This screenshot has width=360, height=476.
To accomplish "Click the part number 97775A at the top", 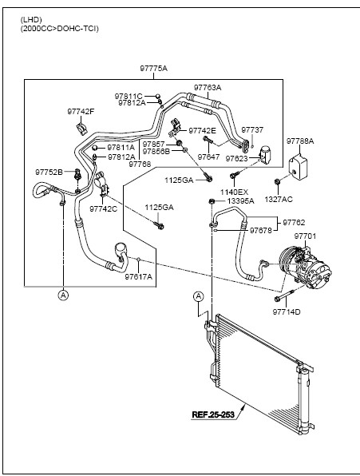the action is (x=153, y=69).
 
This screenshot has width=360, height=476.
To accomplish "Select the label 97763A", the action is (x=208, y=88).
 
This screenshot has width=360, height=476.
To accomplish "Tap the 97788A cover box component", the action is (x=298, y=166).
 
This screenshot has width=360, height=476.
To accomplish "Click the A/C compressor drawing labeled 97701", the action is (x=305, y=267).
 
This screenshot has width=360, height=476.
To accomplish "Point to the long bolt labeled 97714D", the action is (x=285, y=296).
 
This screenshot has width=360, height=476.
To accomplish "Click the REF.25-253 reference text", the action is (x=213, y=415).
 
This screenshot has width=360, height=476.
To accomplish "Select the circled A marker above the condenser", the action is (x=198, y=296).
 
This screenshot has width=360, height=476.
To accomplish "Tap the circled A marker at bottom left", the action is (x=63, y=295).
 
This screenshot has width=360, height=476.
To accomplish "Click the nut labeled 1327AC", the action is (x=277, y=182).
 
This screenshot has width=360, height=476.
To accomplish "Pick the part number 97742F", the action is (x=81, y=111).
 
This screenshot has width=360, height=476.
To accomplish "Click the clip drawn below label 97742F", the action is (x=81, y=128).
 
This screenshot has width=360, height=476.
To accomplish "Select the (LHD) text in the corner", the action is (x=31, y=20).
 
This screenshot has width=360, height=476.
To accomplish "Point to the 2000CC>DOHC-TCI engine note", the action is (x=59, y=29).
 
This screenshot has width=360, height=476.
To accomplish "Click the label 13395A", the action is (x=241, y=201).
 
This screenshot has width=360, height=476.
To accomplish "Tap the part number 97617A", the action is (x=139, y=277).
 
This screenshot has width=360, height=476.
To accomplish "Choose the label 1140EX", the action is (x=234, y=192).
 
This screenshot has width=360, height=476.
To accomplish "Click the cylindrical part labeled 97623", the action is (x=265, y=155).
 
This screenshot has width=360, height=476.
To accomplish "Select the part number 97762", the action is (x=294, y=223).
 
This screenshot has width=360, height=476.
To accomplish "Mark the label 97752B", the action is (x=49, y=173).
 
